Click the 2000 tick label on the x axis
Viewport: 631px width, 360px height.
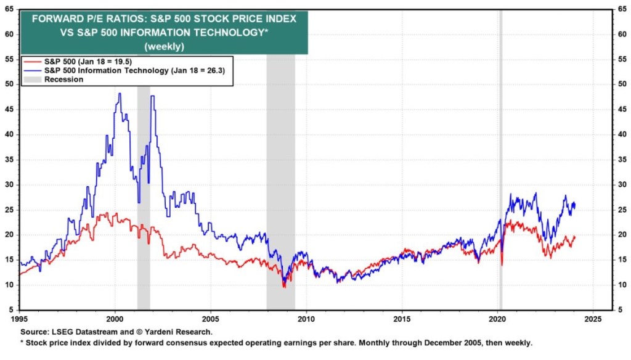click(x=115, y=319)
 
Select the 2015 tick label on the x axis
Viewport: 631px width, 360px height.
click(x=402, y=319)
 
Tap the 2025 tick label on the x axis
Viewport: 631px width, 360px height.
click(x=593, y=319)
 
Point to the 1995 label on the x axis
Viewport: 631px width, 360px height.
click(x=20, y=319)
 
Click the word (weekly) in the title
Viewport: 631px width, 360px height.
click(x=163, y=46)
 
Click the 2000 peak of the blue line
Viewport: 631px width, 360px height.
click(x=120, y=94)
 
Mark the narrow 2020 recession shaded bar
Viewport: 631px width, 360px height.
click(x=500, y=185)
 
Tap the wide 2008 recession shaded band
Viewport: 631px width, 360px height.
click(x=280, y=185)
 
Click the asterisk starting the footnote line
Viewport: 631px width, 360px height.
click(x=22, y=343)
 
